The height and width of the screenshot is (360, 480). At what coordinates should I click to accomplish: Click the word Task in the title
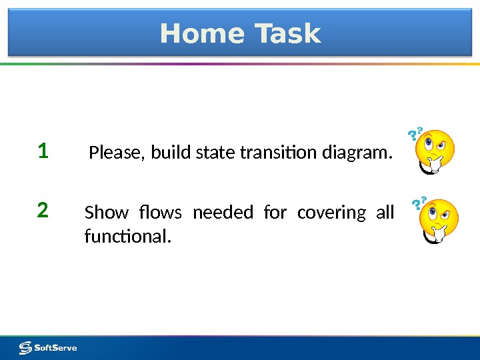click(x=283, y=33)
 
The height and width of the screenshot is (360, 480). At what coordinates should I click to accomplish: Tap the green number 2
click(x=43, y=211)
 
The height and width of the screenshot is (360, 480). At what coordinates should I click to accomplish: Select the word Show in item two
click(x=106, y=213)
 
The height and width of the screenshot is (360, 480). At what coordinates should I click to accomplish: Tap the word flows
click(x=161, y=213)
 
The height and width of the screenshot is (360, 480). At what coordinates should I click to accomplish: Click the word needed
click(x=223, y=213)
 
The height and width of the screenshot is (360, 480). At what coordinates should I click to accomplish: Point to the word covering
click(x=331, y=213)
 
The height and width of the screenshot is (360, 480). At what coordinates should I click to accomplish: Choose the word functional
click(x=127, y=236)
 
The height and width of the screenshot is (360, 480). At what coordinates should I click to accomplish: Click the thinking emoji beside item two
click(x=438, y=221)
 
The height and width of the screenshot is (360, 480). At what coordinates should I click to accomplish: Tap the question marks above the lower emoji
click(x=419, y=203)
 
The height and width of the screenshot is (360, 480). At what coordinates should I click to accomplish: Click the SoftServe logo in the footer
click(x=48, y=347)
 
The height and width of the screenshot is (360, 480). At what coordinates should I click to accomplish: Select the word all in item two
click(x=385, y=213)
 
